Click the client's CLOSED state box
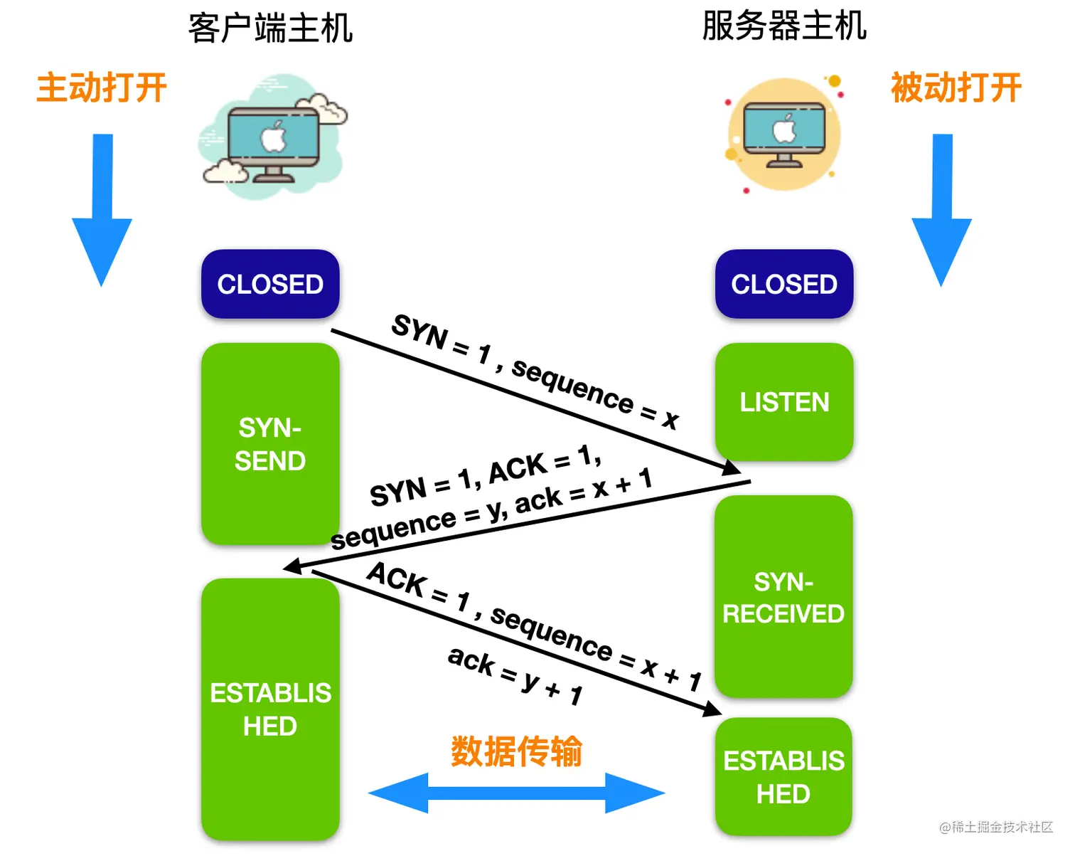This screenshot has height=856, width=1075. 270,284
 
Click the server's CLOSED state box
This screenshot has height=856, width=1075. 783,284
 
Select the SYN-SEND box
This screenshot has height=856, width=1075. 270,444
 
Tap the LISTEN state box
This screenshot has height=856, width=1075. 783,402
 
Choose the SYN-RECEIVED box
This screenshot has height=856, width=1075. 783,597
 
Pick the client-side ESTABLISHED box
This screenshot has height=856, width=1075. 270,709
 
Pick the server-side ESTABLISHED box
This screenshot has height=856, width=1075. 783,776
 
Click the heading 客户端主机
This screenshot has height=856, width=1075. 270,28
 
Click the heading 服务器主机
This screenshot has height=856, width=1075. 783,26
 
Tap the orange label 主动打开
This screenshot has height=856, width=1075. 102,88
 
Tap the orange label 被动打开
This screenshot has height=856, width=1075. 956,88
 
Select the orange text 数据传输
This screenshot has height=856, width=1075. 516,751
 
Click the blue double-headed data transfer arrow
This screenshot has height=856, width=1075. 516,793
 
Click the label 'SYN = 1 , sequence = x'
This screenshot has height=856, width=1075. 535,371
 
